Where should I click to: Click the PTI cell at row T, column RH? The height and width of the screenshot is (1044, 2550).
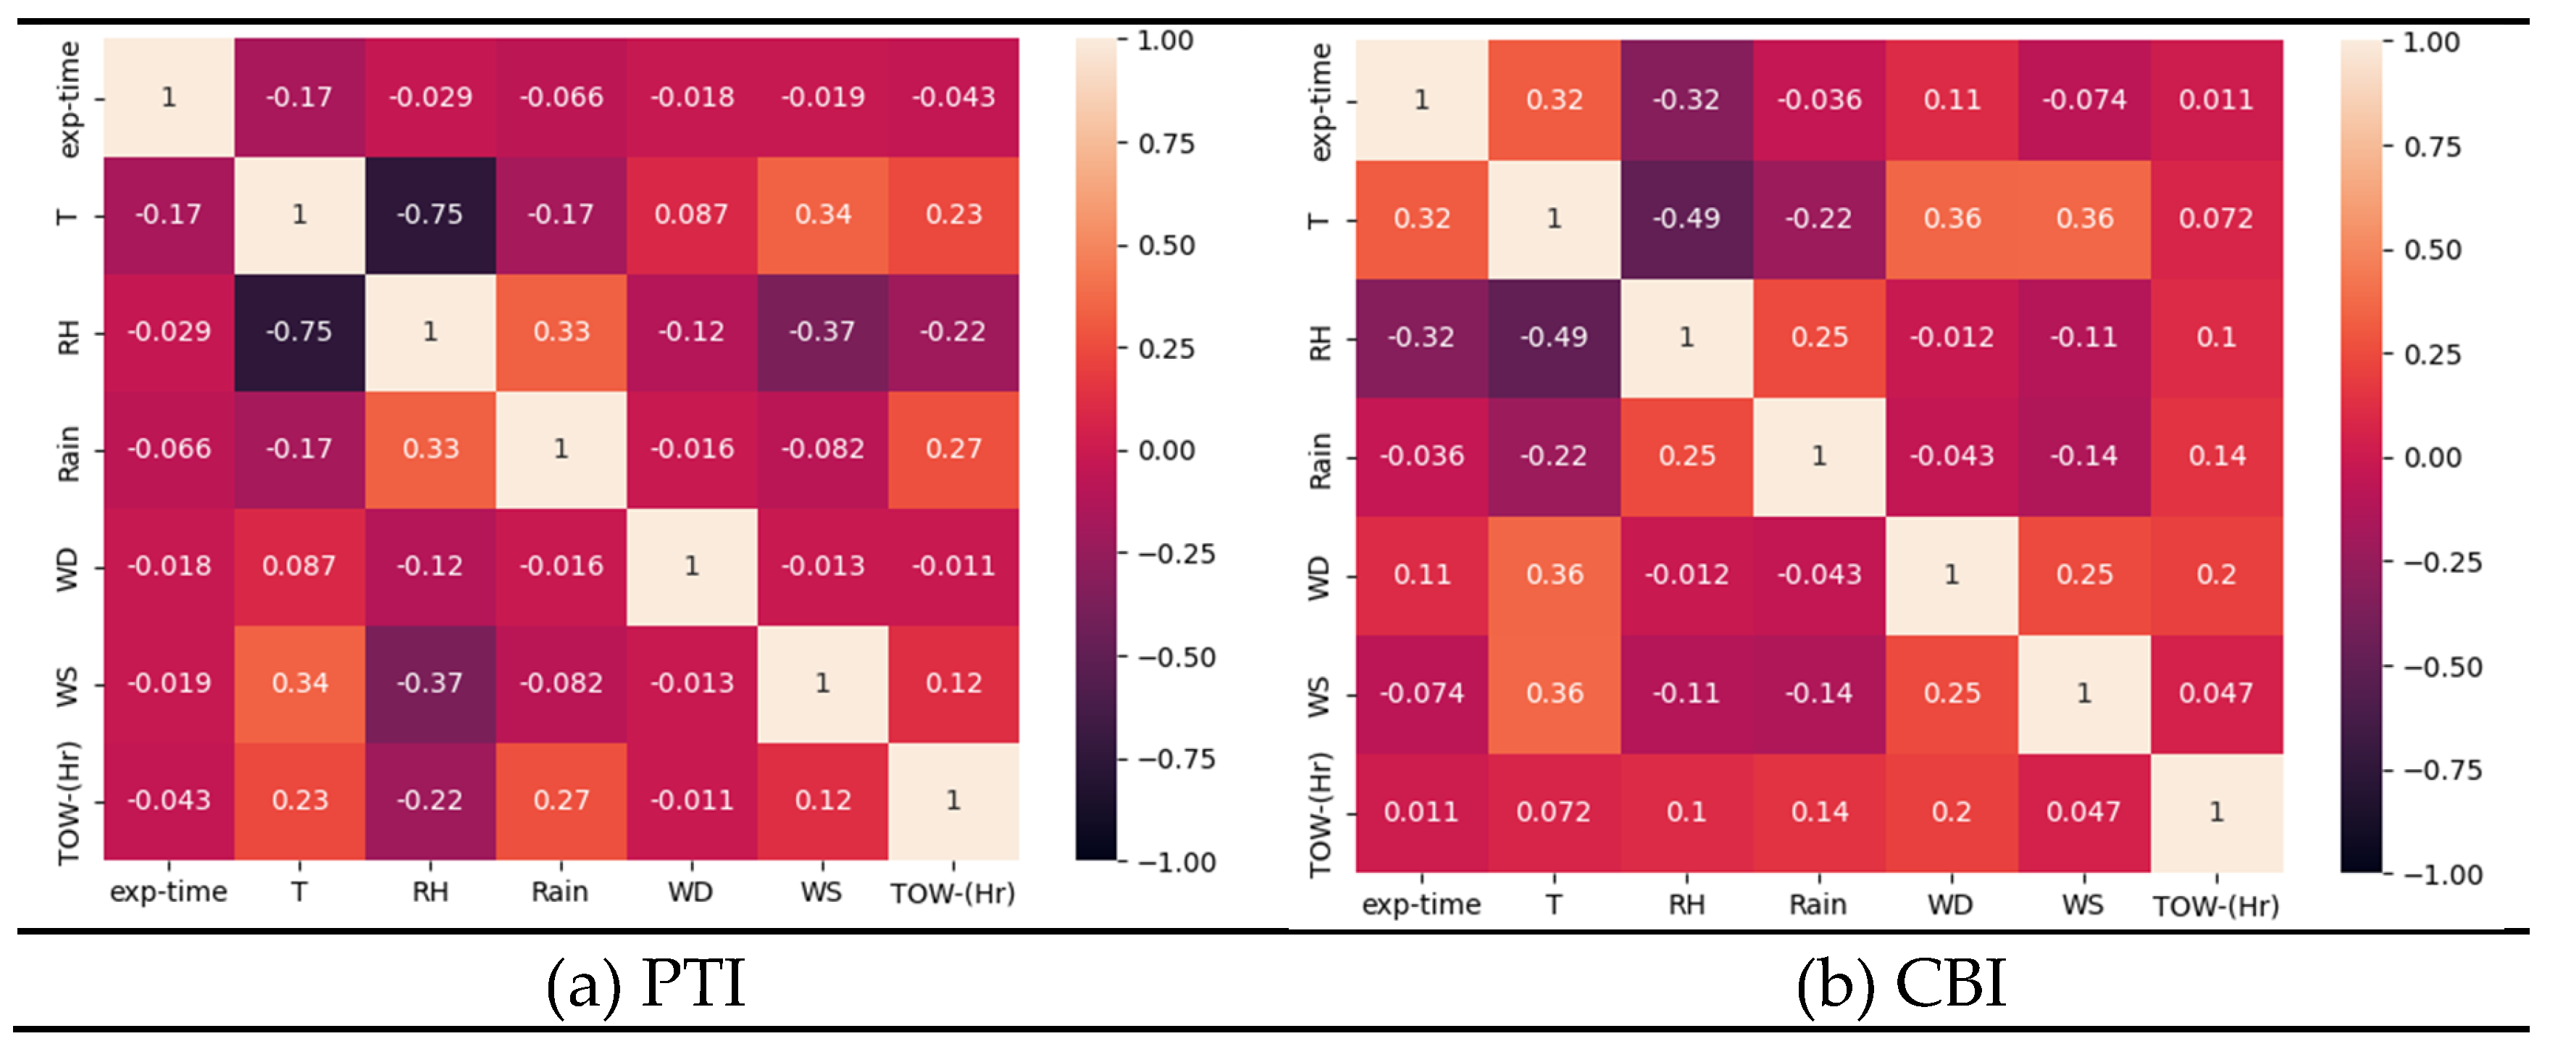click(x=430, y=215)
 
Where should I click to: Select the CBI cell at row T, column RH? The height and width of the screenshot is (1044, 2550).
click(x=1686, y=219)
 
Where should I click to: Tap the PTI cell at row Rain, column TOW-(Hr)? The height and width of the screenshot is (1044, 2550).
click(x=953, y=449)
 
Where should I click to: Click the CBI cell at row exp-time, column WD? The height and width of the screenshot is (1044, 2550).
click(x=1951, y=100)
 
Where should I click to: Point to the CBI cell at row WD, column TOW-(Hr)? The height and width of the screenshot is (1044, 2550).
click(x=2217, y=574)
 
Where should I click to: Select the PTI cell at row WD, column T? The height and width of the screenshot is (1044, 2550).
click(x=299, y=566)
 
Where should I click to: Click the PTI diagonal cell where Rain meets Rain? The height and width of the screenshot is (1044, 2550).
click(x=560, y=449)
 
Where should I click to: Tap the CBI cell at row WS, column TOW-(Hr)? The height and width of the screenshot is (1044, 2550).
click(x=2217, y=693)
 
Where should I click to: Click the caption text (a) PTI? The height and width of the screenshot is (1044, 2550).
click(x=645, y=984)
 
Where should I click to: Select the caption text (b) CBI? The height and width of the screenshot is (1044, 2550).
click(x=1901, y=984)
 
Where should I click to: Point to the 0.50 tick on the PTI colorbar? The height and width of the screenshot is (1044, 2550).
click(x=1166, y=246)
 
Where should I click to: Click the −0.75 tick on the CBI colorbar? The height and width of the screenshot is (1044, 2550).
click(x=2441, y=771)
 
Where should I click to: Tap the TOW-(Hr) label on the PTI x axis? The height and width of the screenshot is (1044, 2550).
click(x=953, y=893)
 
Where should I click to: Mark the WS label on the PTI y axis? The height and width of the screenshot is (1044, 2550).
click(x=67, y=685)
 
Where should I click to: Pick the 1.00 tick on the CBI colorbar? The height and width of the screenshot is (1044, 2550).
click(x=2431, y=43)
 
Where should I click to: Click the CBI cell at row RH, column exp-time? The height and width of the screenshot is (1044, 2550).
click(x=1421, y=338)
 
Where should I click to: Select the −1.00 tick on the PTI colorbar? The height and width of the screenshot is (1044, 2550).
click(x=1176, y=863)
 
